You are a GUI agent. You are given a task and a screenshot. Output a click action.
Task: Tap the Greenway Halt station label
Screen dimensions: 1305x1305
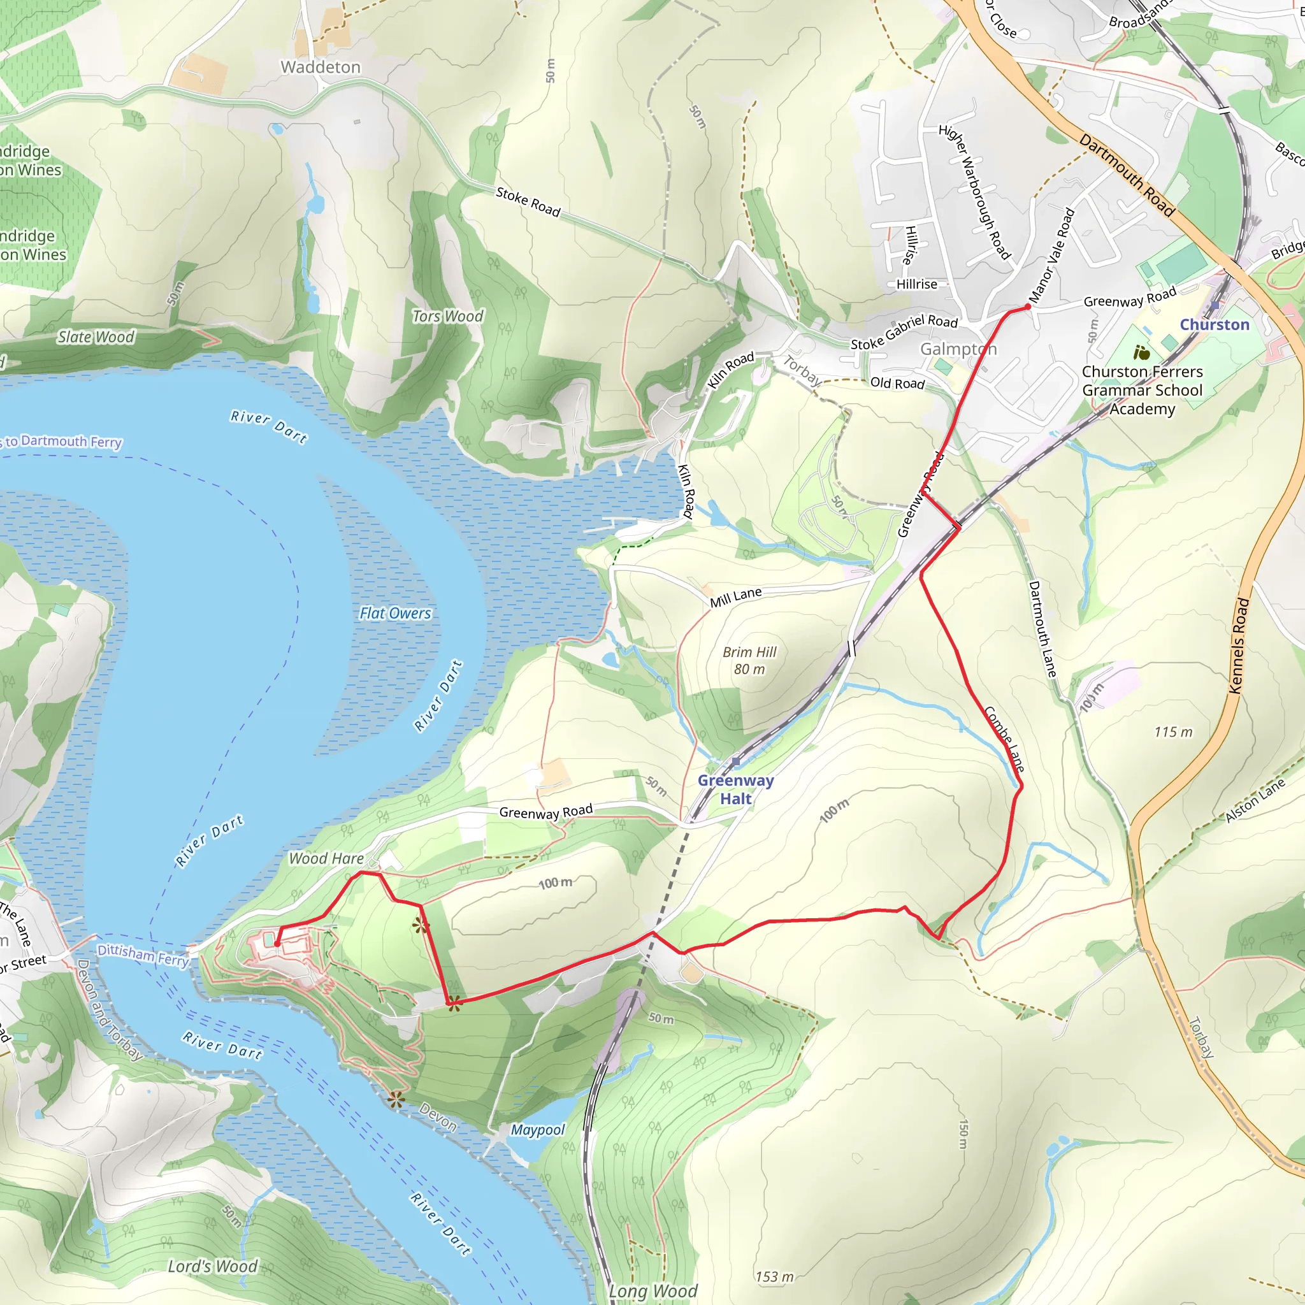coord(735,789)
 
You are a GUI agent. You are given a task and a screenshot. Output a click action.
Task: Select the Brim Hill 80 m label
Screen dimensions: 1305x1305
coord(749,660)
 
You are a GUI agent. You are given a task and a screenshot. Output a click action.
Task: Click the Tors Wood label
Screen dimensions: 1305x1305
coord(448,316)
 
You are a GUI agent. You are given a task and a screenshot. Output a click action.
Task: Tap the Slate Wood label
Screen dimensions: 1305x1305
coord(96,336)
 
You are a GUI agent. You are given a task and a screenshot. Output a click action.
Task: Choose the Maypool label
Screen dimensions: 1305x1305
coord(538,1129)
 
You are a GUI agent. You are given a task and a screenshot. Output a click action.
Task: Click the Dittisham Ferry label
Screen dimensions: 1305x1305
coord(143,955)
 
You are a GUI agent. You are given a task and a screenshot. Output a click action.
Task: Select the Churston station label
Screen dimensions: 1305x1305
coord(1215,324)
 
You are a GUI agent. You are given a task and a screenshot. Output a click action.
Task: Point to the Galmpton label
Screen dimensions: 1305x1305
coord(958,349)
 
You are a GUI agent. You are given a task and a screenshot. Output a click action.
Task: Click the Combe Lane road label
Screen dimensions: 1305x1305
coord(1004,739)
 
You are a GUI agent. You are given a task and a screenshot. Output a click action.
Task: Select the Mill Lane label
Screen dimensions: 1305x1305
coord(735,596)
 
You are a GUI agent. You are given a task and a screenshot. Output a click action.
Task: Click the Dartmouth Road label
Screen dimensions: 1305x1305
coord(1127,174)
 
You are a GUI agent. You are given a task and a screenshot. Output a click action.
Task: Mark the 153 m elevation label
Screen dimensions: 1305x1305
coord(774,1276)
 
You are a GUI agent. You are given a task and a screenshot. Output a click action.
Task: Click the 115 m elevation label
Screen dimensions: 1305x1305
coord(1173,732)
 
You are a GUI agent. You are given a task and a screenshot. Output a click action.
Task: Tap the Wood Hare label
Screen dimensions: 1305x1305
coord(326,858)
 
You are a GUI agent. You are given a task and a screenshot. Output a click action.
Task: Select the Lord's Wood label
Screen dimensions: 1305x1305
coord(213,1266)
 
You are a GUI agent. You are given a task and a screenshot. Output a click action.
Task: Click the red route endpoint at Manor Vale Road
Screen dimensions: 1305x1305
coord(1028,306)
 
